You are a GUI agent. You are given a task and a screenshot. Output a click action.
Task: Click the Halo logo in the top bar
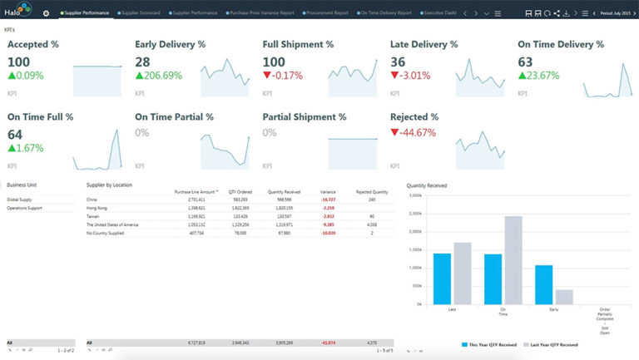[x=18, y=12]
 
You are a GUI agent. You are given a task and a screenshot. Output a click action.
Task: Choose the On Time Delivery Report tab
[x=384, y=13]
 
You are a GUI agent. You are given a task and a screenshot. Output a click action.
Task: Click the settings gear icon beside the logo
[x=46, y=13]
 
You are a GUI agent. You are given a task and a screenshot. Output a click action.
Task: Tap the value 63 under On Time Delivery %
[x=525, y=62]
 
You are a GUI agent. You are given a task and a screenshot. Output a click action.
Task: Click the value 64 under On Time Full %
[x=15, y=134]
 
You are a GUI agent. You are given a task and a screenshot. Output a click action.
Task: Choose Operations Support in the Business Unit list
[x=24, y=208]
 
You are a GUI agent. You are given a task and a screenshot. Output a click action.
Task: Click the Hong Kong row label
[x=97, y=208]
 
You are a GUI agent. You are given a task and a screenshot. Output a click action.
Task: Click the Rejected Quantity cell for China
[x=371, y=200]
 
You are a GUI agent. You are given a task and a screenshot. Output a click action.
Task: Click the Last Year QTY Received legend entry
[x=552, y=343]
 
